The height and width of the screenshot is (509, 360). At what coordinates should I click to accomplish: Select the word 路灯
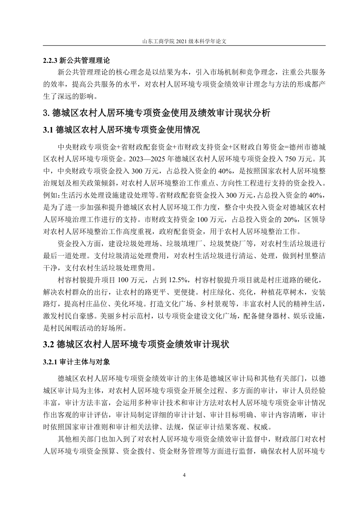50,304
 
